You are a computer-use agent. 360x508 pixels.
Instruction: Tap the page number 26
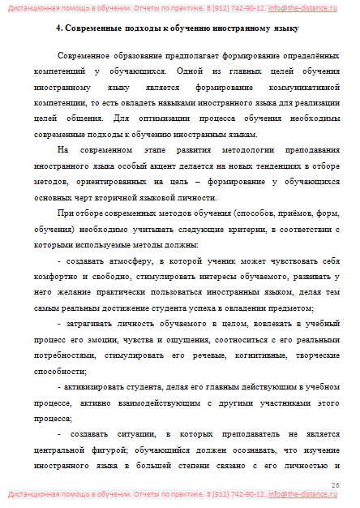[336, 484]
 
